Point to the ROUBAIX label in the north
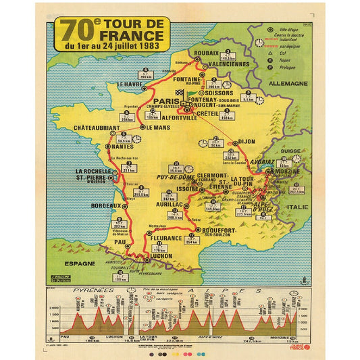tap(206, 52)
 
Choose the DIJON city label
tap(248, 140)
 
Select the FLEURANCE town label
tap(165, 238)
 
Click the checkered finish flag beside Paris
tap(179, 93)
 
